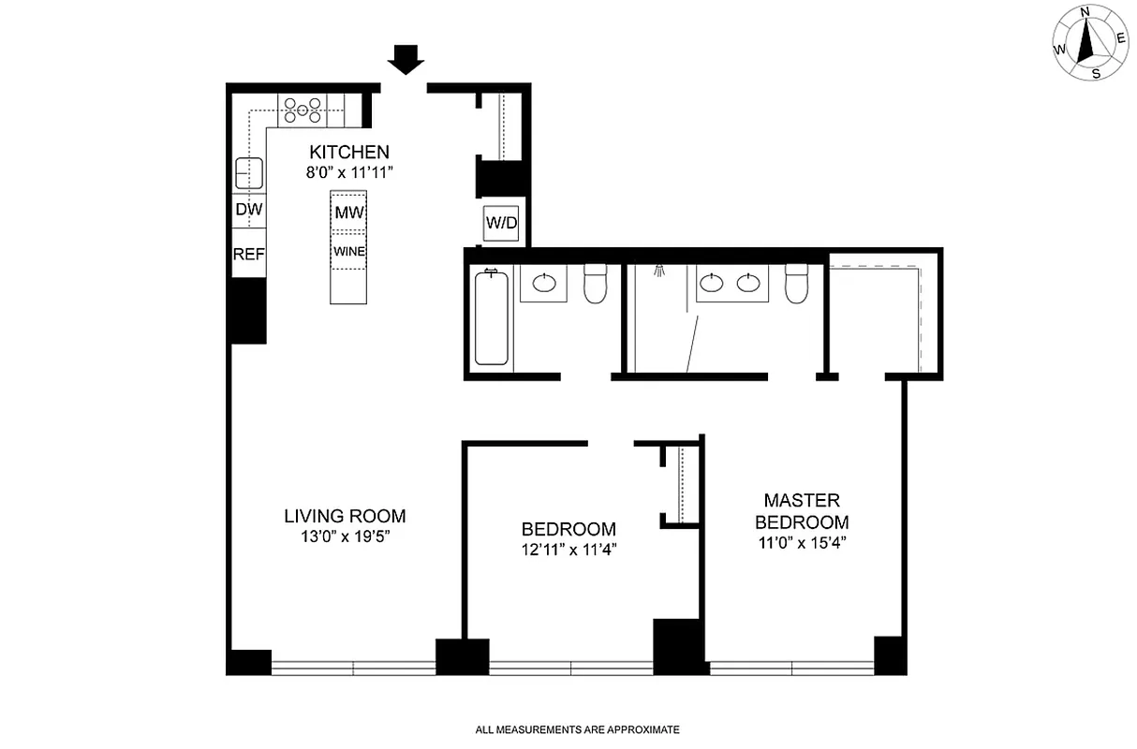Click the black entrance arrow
pyautogui.click(x=406, y=60)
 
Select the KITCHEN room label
pyautogui.click(x=349, y=152)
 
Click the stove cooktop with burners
pyautogui.click(x=303, y=110)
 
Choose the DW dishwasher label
pyautogui.click(x=248, y=210)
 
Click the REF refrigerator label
pyautogui.click(x=248, y=253)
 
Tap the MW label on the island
pyautogui.click(x=348, y=213)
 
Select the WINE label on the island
pyautogui.click(x=348, y=252)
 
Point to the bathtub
pyautogui.click(x=492, y=317)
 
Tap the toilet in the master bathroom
pyautogui.click(x=797, y=285)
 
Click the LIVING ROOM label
pyautogui.click(x=345, y=516)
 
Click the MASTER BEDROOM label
pyautogui.click(x=802, y=511)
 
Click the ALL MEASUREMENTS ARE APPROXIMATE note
pyautogui.click(x=577, y=729)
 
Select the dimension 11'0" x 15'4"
pyautogui.click(x=802, y=542)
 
